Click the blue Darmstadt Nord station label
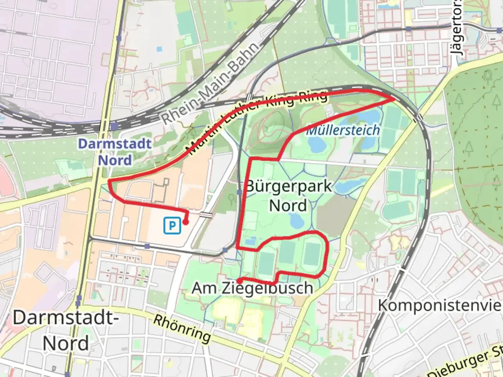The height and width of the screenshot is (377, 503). [115, 152]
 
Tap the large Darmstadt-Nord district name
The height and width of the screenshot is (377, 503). [66, 330]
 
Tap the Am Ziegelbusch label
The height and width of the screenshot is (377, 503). [252, 288]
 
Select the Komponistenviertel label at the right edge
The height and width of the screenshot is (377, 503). [440, 305]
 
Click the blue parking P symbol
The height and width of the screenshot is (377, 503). [172, 226]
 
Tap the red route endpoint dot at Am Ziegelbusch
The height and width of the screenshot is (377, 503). [240, 280]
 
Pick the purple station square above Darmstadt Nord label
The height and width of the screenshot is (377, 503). [114, 126]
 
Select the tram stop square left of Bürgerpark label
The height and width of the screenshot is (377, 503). [239, 192]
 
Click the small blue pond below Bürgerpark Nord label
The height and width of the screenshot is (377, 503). [296, 220]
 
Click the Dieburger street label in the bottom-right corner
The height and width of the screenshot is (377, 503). [466, 365]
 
